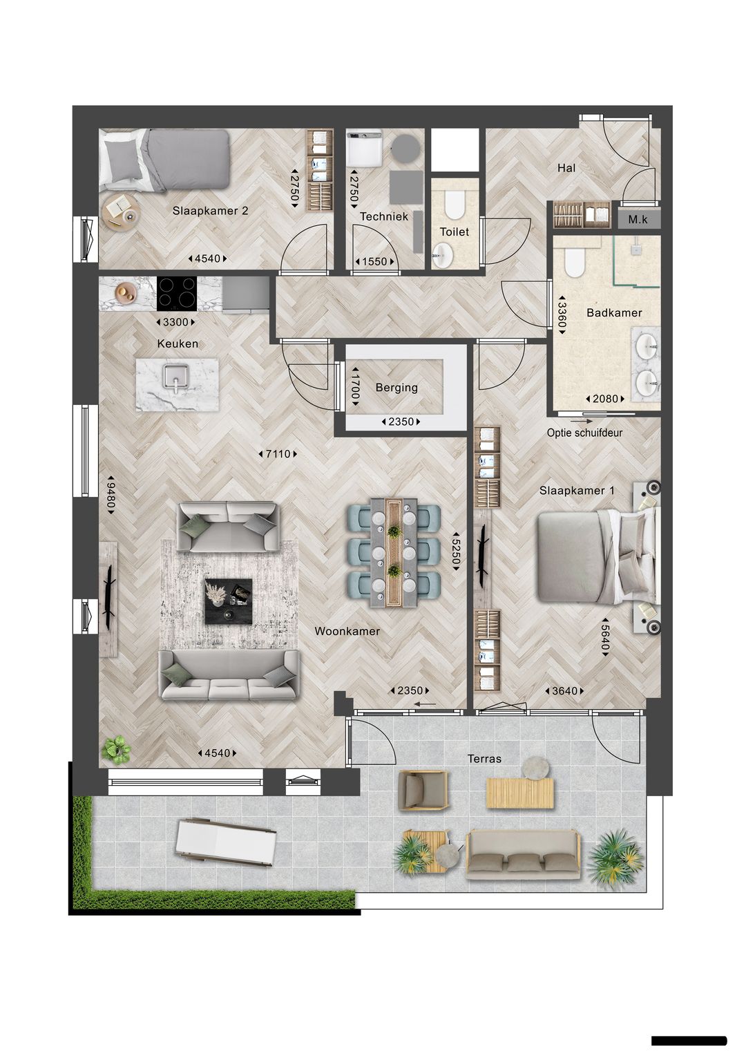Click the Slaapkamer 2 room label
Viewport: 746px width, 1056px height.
pos(210,211)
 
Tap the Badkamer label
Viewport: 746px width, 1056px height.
pos(614,312)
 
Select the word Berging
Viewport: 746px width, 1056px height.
pos(396,387)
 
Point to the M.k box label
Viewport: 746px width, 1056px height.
pos(638,220)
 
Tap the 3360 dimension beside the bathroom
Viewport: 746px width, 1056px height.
pos(562,315)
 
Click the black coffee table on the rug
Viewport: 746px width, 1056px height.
pos(227,602)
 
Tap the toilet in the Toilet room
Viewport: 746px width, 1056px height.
pos(453,205)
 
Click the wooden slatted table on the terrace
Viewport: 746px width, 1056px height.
pos(519,793)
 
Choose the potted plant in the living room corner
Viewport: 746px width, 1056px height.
pos(115,749)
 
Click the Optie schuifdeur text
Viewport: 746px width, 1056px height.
pos(584,433)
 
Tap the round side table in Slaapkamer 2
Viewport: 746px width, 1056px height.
pos(122,211)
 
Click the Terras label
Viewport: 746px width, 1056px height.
pos(484,758)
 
